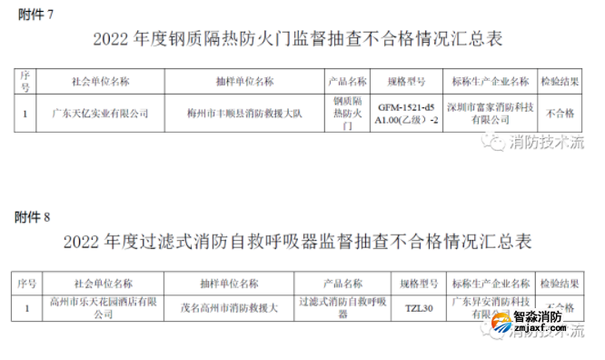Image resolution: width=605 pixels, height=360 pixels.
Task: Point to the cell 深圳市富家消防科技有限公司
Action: [x=490, y=114]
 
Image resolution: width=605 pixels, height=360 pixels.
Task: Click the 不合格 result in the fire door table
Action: [x=563, y=114]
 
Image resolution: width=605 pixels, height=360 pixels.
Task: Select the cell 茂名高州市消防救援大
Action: [x=233, y=307]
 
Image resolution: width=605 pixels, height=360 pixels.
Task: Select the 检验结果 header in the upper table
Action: [x=563, y=80]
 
